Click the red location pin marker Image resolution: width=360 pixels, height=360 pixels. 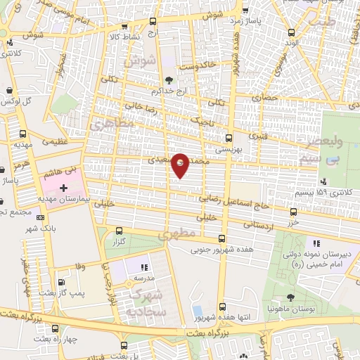point(181,165)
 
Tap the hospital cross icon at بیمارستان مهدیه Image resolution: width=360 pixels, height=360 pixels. point(63,188)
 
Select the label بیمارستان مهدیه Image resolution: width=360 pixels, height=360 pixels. point(64,200)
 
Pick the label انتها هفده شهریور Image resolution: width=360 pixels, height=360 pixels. point(223,318)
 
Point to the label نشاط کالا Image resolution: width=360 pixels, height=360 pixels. point(126,35)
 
